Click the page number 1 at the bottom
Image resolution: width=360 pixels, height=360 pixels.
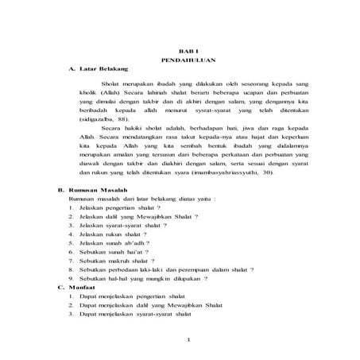coord(188,341)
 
